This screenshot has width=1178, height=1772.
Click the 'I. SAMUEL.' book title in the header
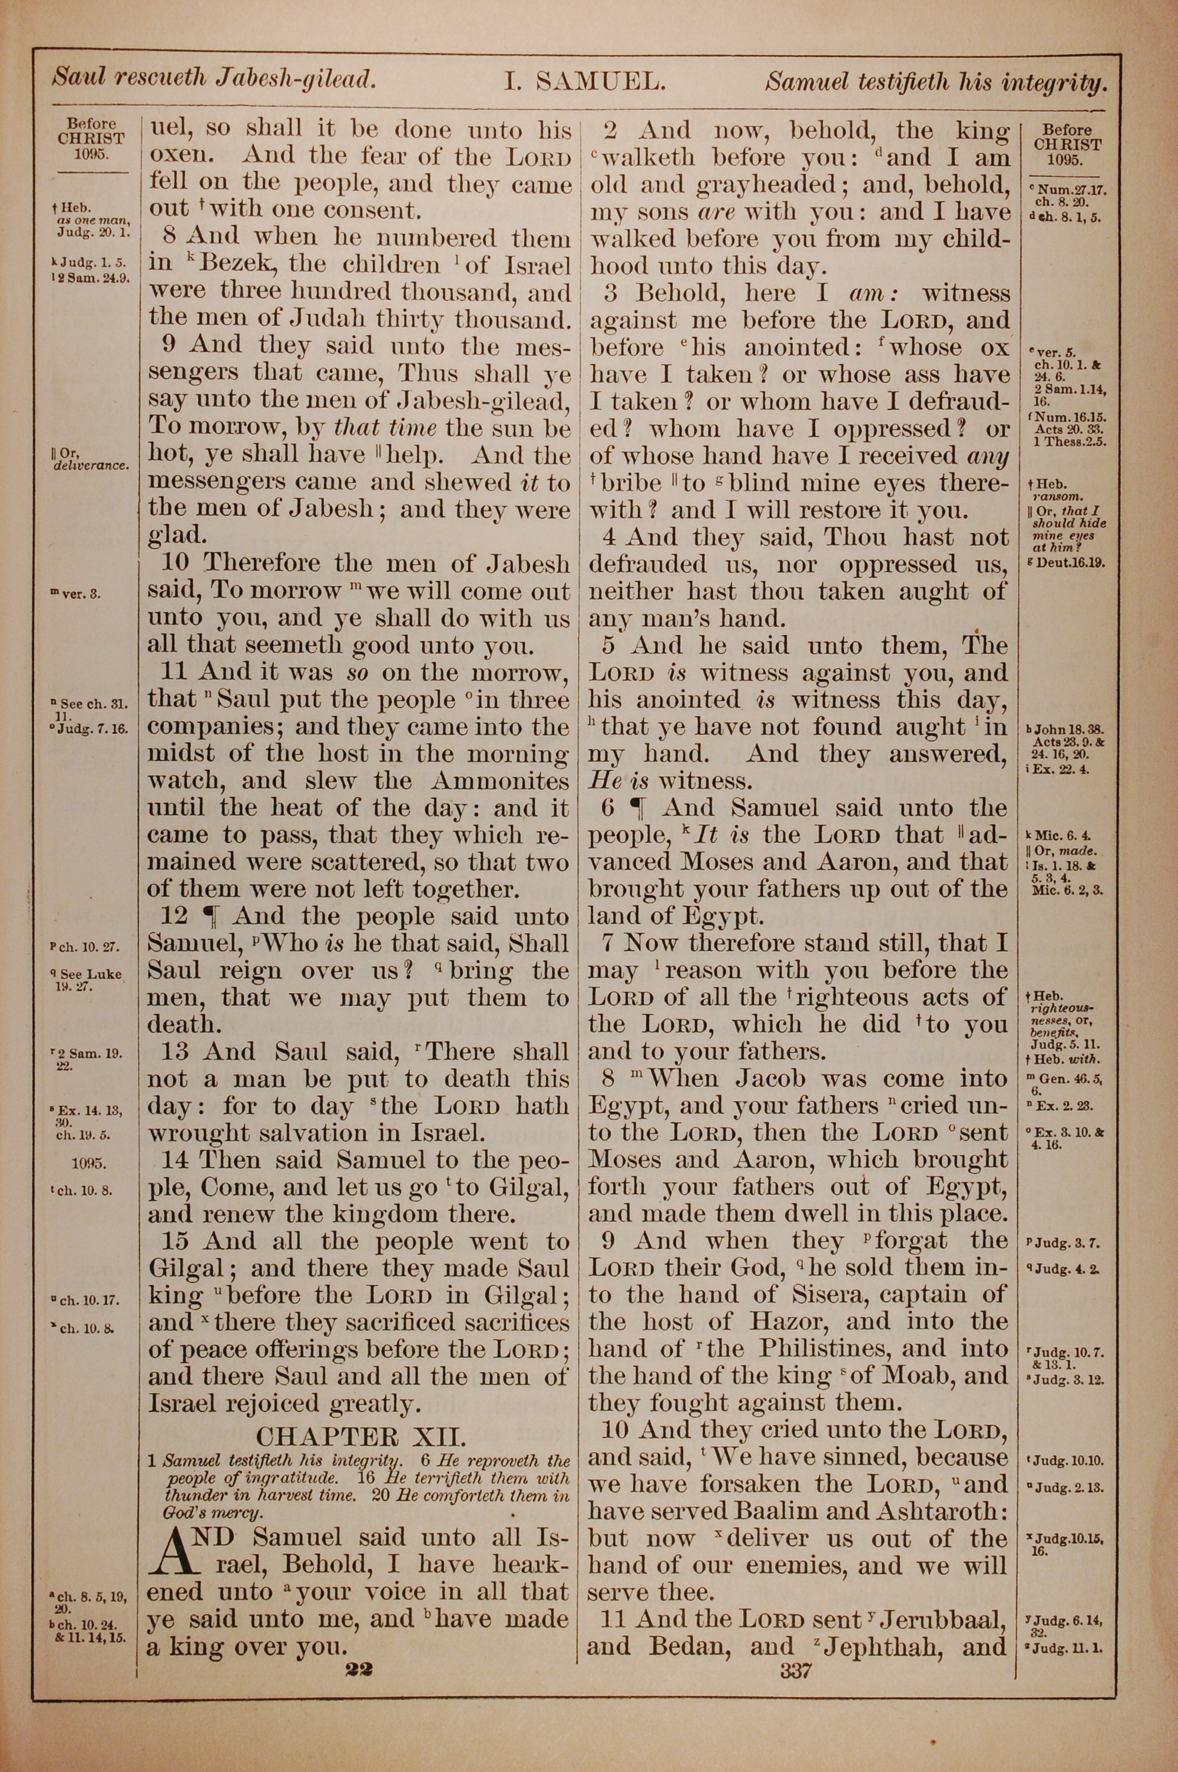coord(584,80)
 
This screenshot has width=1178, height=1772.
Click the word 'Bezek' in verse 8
coord(242,266)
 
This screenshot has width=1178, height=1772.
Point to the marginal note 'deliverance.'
coord(92,466)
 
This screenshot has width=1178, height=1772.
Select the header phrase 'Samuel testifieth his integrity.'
coord(936,82)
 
